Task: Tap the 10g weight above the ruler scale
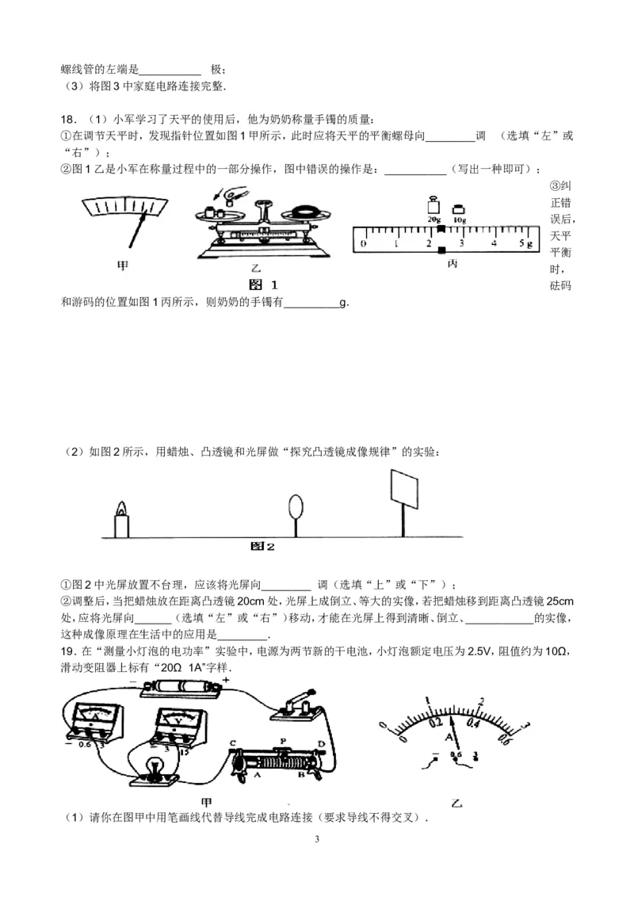tap(458, 211)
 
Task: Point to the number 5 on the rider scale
tap(521, 243)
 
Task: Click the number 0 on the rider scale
tap(363, 243)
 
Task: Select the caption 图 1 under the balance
tap(263, 284)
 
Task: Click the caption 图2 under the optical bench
tap(262, 546)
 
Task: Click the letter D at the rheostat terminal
tap(321, 743)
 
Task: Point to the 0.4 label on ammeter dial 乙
tap(475, 723)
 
